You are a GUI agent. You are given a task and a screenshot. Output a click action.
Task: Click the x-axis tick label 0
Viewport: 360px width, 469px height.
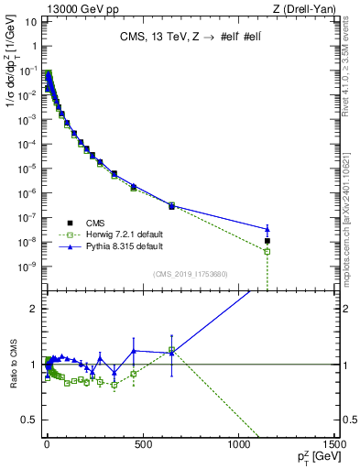47,445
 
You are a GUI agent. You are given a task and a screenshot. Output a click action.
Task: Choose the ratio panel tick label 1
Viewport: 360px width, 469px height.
34,365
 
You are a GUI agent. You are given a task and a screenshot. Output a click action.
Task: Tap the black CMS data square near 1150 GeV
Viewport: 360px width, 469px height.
267,241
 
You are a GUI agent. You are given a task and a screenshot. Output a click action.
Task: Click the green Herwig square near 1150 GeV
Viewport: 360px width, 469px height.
267,251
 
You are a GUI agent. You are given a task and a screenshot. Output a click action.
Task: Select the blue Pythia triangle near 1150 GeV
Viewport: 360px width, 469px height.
267,229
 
